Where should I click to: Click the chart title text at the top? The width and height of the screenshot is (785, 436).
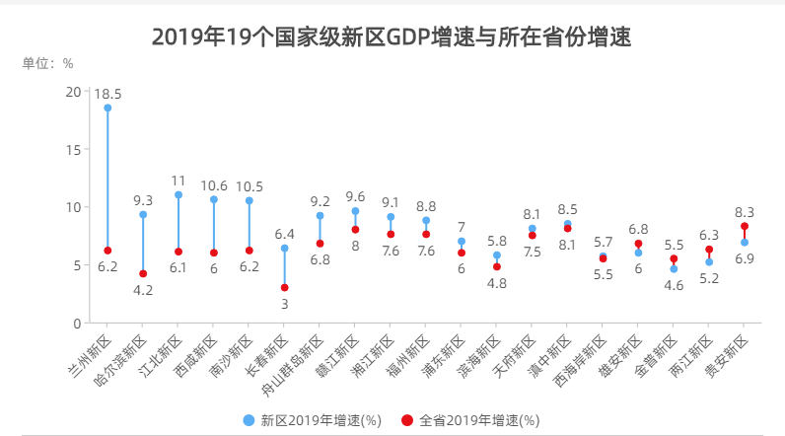[392, 37]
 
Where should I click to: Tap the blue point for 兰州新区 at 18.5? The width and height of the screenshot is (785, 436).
[107, 108]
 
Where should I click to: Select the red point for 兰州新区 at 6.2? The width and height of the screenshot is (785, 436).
[107, 251]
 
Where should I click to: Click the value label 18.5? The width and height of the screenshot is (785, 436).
[107, 94]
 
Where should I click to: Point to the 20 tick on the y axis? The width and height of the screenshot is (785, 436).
[73, 91]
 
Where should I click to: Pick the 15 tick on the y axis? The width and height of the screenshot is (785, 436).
[73, 149]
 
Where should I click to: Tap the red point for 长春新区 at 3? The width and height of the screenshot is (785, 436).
[284, 288]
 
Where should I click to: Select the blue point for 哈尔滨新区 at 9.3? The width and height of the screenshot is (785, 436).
[143, 214]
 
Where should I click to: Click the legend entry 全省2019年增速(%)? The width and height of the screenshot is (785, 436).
[471, 420]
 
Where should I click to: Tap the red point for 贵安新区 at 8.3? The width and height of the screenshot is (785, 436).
[745, 226]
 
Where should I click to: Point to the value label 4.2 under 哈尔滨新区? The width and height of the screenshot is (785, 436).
[143, 290]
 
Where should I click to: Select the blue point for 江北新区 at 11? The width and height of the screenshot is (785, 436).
[178, 194]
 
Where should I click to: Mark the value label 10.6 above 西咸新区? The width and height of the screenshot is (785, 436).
[214, 185]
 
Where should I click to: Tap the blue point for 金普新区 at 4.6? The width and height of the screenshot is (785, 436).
[674, 269]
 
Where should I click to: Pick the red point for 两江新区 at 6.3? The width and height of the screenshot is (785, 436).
[709, 250]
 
